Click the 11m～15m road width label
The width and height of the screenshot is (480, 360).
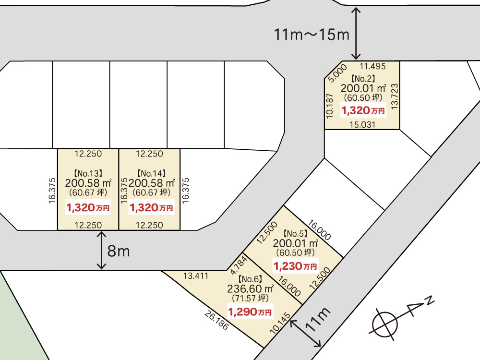pyautogui.click(x=312, y=34)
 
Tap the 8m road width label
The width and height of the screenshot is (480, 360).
pyautogui.click(x=119, y=252)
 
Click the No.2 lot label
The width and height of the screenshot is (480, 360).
pyautogui.click(x=363, y=79)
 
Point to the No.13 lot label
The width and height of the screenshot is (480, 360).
pyautogui.click(x=88, y=174)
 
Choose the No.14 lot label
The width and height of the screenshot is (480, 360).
pyautogui.click(x=152, y=174)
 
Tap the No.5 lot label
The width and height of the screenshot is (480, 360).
pyautogui.click(x=295, y=234)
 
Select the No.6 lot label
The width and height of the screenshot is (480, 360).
pyautogui.click(x=250, y=279)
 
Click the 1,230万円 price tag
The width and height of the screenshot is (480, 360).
pyautogui.click(x=295, y=266)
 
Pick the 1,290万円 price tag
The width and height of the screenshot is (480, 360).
pyautogui.click(x=250, y=312)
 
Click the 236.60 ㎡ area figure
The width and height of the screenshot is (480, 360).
pyautogui.click(x=250, y=288)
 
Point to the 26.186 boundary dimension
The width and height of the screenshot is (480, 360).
pyautogui.click(x=216, y=321)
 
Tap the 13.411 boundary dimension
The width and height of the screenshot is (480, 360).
pyautogui.click(x=196, y=276)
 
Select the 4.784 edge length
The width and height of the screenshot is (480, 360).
pyautogui.click(x=239, y=265)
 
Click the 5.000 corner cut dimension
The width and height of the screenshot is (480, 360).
pyautogui.click(x=337, y=73)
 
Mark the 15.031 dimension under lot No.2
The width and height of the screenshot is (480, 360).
pyautogui.click(x=362, y=125)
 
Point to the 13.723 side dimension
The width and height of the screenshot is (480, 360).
pyautogui.click(x=395, y=97)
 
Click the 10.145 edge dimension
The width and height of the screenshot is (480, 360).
pyautogui.click(x=280, y=323)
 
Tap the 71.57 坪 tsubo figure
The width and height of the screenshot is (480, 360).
pyautogui.click(x=250, y=298)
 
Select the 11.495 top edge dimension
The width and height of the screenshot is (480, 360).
pyautogui.click(x=372, y=66)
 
